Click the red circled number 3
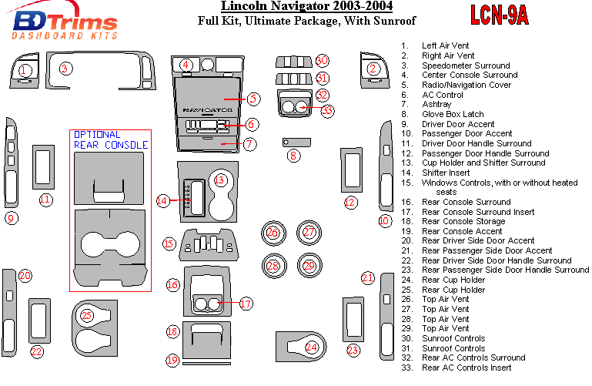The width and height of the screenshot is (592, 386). [x=66, y=69]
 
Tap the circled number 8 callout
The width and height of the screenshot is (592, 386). [x=293, y=156]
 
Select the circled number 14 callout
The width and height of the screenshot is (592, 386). [x=162, y=201]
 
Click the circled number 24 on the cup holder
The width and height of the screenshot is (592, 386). [x=311, y=347]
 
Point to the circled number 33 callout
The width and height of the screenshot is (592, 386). [x=328, y=111]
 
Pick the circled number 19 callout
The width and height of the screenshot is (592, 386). [x=173, y=360]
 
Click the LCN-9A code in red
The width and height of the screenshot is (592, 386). [x=500, y=17]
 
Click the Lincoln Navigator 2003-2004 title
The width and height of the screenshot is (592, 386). [x=306, y=7]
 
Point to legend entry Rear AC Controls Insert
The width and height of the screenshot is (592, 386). [x=467, y=368]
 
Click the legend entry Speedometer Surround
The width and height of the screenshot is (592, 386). [x=465, y=65]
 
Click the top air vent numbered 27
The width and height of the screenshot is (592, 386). [x=309, y=232]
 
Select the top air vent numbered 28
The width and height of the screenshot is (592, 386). [x=273, y=266]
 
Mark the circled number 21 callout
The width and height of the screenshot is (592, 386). [x=368, y=277]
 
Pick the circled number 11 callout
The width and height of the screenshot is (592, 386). [x=45, y=200]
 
